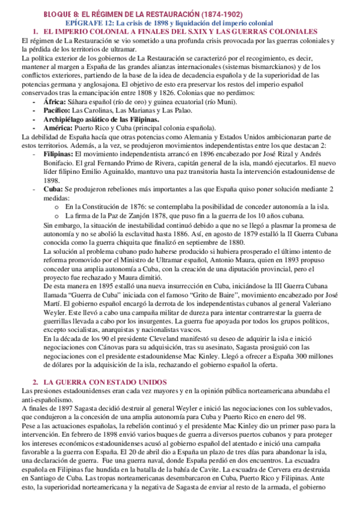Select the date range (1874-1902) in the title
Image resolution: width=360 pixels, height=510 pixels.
tap(223, 13)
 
